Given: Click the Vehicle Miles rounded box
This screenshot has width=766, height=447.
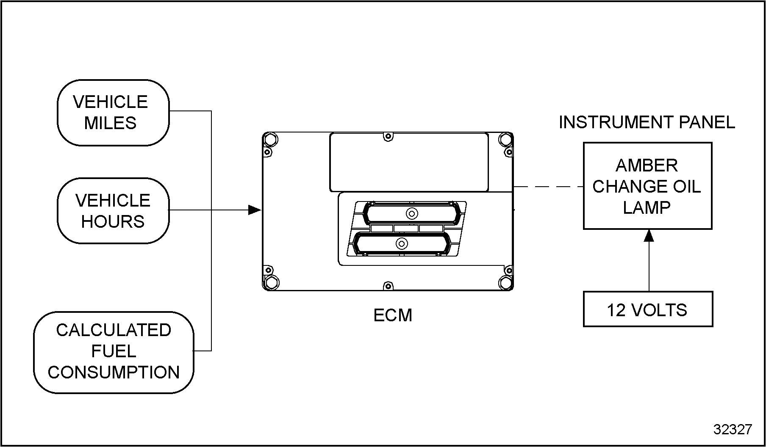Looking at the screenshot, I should (x=113, y=113).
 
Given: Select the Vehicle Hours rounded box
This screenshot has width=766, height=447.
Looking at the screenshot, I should (x=113, y=211).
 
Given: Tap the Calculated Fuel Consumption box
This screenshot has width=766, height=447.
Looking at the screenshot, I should (x=114, y=352).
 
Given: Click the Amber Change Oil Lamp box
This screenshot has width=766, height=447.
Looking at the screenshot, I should (x=647, y=186).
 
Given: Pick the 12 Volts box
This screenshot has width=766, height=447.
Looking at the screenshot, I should (x=648, y=309).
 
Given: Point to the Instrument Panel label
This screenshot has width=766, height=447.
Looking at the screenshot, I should (x=647, y=122).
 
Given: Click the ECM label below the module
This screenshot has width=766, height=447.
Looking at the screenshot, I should (x=393, y=315).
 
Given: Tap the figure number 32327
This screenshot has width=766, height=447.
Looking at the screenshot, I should (x=733, y=430).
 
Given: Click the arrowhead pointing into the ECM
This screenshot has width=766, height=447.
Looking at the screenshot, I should (x=255, y=210).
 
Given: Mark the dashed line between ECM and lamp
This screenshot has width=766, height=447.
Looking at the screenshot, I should (x=548, y=187).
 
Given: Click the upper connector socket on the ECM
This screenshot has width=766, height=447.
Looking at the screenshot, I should (x=411, y=213).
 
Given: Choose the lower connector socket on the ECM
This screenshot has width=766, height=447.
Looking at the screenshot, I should (x=401, y=244).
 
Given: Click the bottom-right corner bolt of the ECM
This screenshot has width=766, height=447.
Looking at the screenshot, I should (x=505, y=282).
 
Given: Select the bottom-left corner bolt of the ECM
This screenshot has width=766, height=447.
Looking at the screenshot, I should (x=271, y=282).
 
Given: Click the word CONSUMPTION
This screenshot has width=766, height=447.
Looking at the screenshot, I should (x=114, y=372).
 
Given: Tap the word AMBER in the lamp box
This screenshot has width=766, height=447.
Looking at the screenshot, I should (x=647, y=166).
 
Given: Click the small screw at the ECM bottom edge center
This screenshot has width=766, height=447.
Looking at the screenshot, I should (x=387, y=286).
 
